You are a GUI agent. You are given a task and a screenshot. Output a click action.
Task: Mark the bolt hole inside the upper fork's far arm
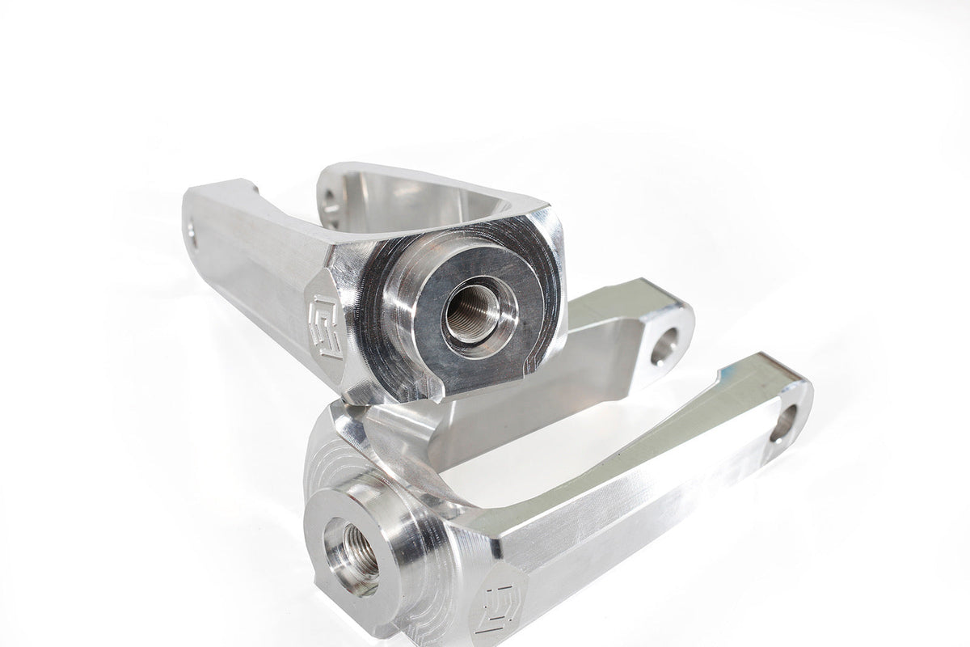[x=332, y=197]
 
